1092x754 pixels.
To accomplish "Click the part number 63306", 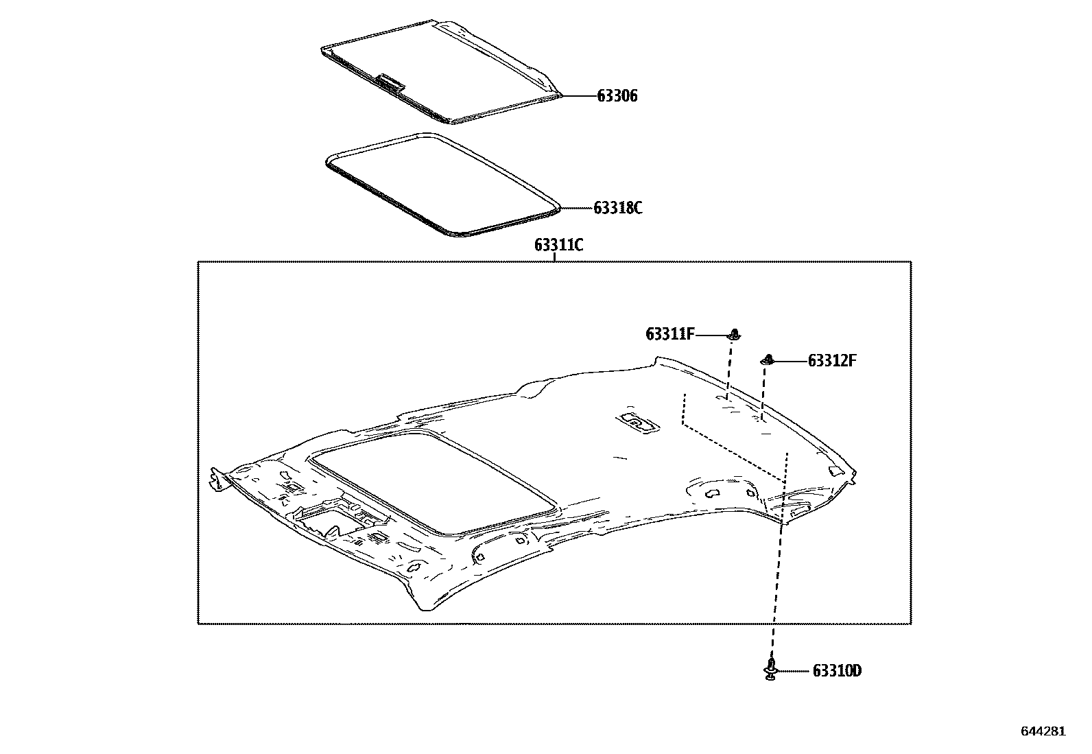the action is (617, 96).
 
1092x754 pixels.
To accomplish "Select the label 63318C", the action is (617, 209).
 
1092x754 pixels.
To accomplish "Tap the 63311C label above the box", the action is (558, 245).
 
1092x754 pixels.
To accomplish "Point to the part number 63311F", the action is (670, 335).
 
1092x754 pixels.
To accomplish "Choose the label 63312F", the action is (832, 361).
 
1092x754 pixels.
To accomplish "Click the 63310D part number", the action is (837, 671).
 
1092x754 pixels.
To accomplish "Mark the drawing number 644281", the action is (1043, 731).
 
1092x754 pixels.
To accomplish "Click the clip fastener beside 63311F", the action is (734, 335).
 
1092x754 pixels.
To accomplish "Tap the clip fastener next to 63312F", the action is (768, 360).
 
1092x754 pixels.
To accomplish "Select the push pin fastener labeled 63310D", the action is (771, 669).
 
